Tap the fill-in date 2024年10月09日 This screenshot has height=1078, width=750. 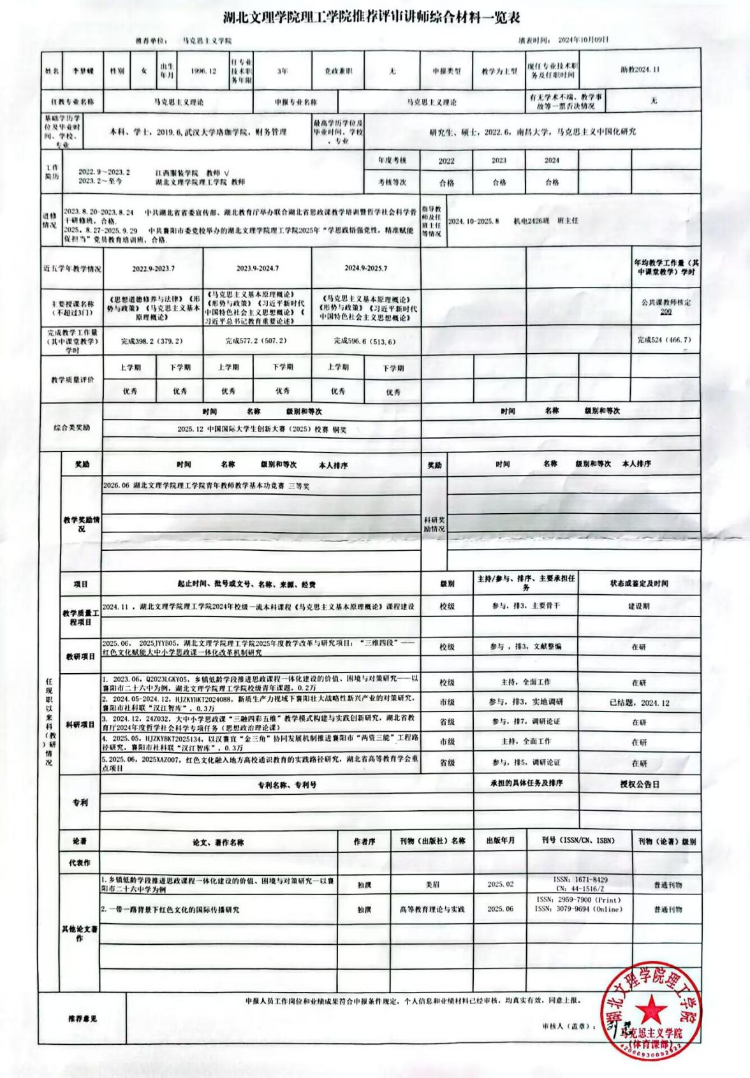coord(583,40)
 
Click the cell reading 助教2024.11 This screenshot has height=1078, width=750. coord(640,69)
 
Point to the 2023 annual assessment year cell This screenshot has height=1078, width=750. coord(499,161)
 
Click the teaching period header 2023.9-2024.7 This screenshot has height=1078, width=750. coord(257,268)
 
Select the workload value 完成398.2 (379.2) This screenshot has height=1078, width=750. coord(152,341)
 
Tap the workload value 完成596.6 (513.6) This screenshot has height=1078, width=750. coord(365,341)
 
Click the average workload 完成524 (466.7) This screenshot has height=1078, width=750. coord(664,340)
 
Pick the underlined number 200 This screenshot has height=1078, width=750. coord(665,312)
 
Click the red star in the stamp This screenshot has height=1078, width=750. coord(651,1007)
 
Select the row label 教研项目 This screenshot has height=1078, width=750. coord(80,656)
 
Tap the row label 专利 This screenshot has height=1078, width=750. coord(80,803)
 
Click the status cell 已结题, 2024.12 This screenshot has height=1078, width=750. coord(639,703)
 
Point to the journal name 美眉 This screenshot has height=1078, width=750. coord(432,885)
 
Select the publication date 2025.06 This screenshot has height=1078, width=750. coord(500,909)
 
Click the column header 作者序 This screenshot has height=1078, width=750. coord(364,841)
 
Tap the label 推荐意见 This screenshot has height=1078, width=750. coord(82,1019)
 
